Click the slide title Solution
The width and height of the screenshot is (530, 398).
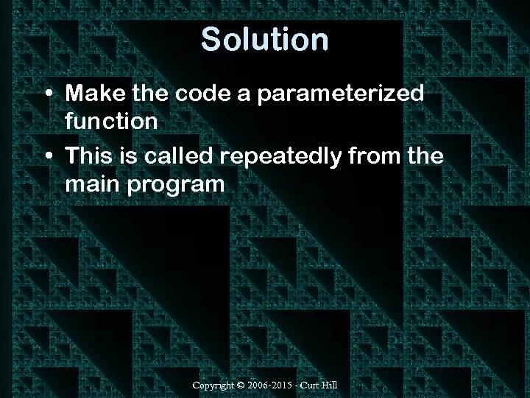(x=264, y=39)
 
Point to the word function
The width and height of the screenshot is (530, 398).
(x=111, y=121)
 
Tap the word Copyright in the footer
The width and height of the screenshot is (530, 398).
(x=213, y=385)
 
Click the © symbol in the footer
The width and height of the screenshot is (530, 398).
(x=241, y=385)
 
